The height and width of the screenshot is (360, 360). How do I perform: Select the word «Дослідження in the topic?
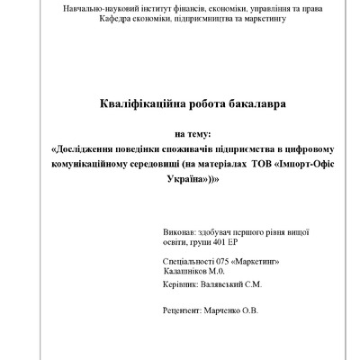click(94, 149)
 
